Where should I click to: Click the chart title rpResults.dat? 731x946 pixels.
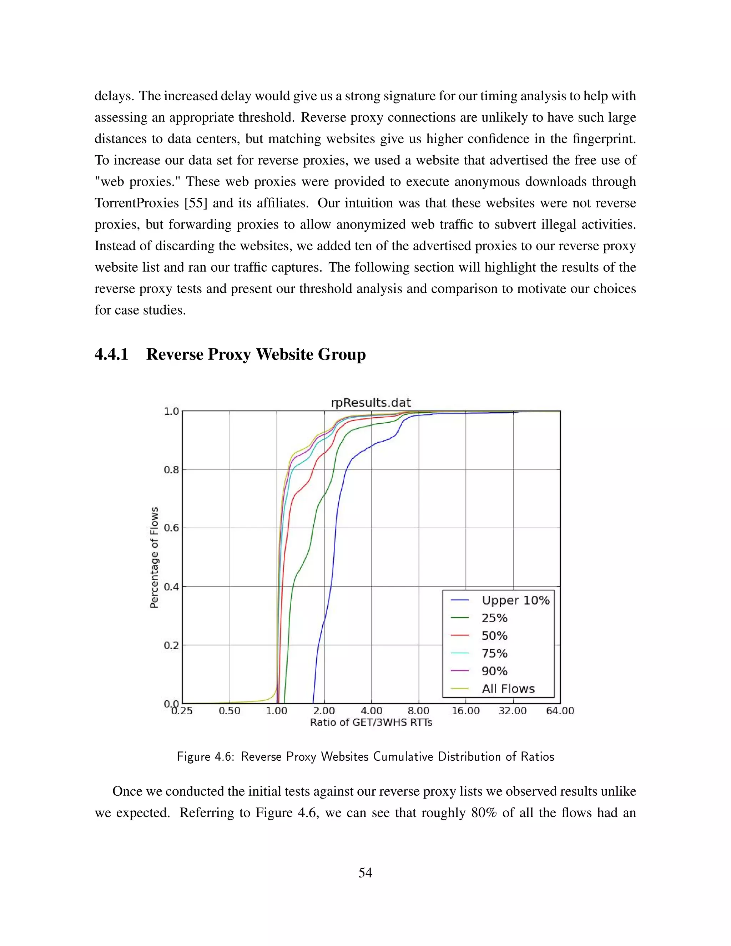[x=371, y=402]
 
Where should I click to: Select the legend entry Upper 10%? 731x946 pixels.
[x=515, y=600]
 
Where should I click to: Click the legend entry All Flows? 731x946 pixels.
[x=508, y=689]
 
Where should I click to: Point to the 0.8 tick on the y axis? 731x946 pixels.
[x=171, y=469]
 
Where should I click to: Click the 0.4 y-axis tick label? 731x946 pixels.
[x=171, y=587]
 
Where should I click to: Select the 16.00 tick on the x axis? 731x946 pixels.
[x=465, y=711]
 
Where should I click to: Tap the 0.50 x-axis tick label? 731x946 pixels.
[x=229, y=711]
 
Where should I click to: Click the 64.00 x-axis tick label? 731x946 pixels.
[x=560, y=711]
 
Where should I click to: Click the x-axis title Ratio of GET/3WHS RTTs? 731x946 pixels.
[x=371, y=723]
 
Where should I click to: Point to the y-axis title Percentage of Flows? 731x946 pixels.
[x=154, y=558]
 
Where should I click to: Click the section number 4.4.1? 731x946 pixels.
[x=112, y=354]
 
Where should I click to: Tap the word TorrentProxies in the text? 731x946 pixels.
[x=137, y=203]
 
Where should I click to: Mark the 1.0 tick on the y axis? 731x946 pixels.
[x=171, y=411]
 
